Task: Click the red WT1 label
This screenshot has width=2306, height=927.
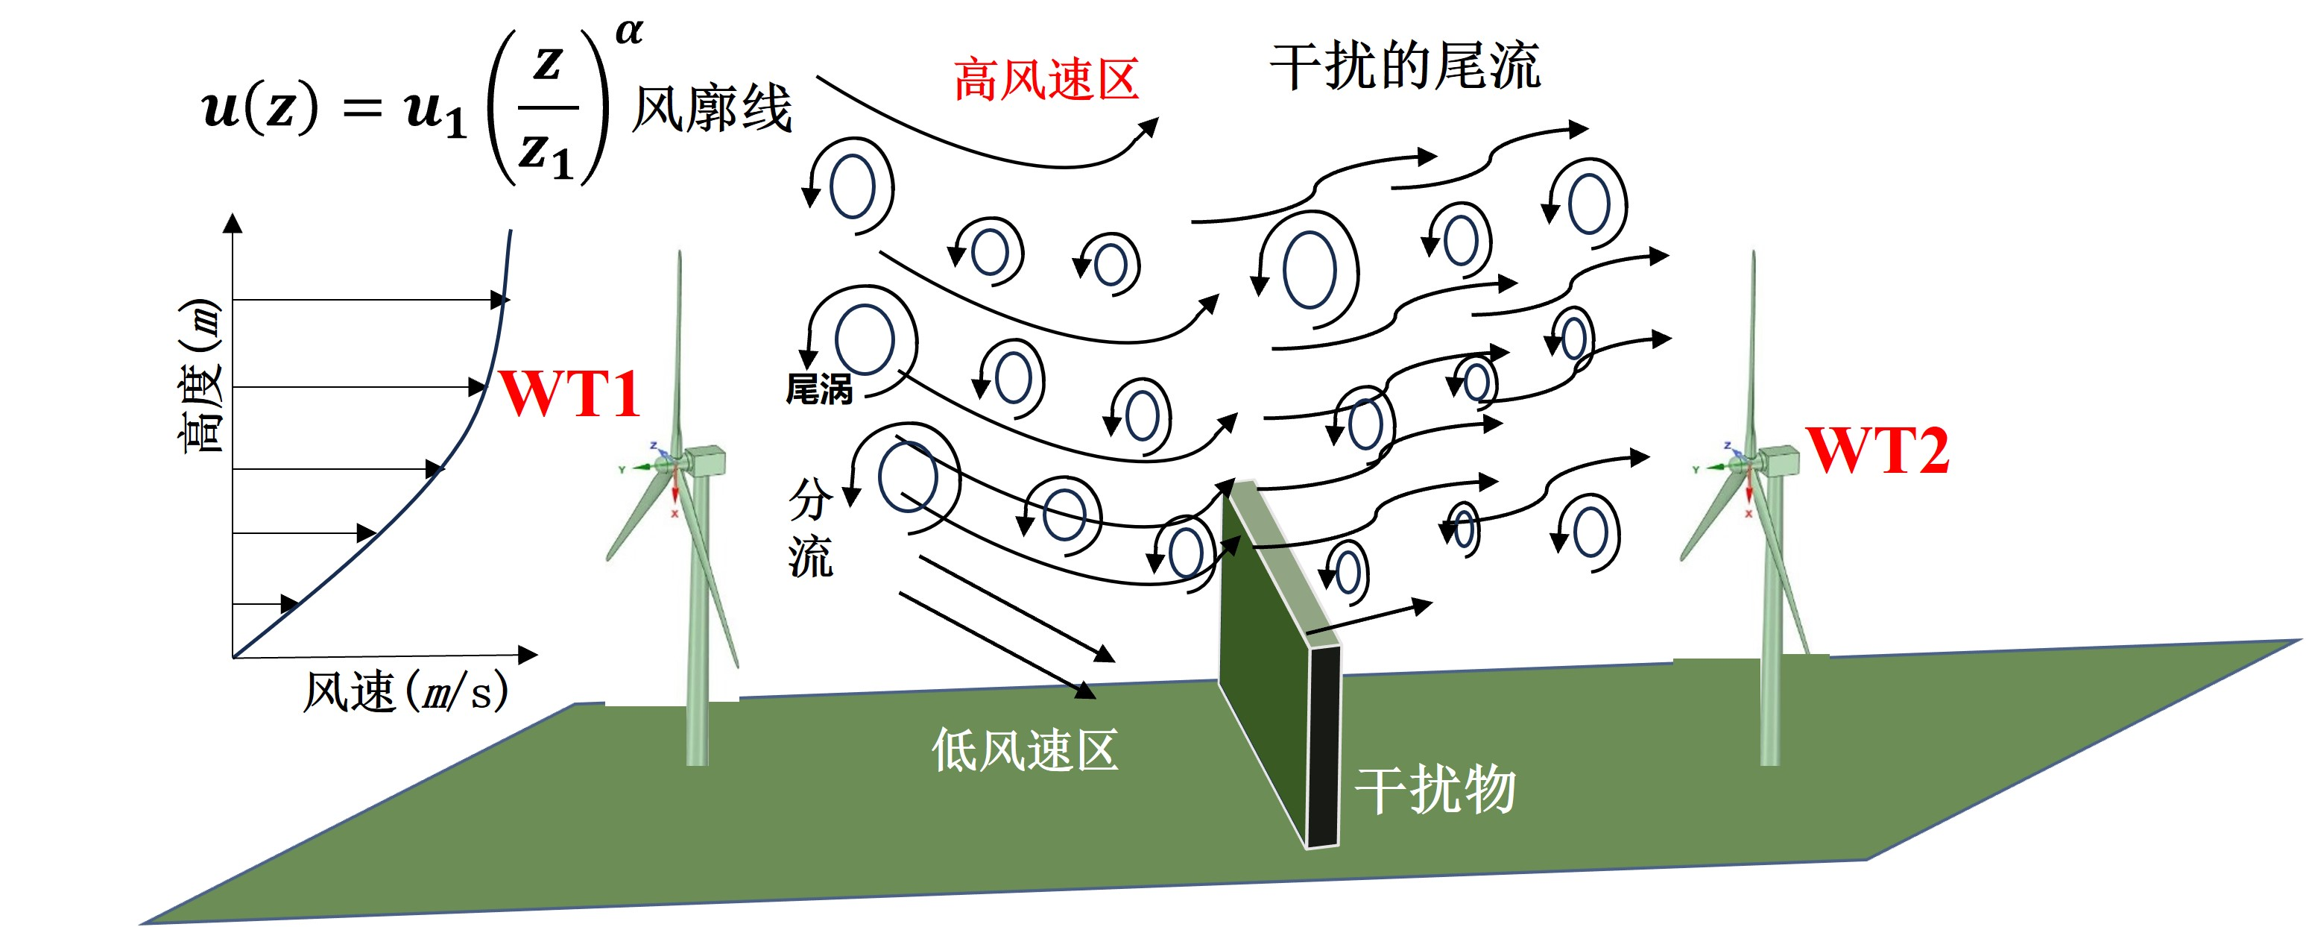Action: pos(570,393)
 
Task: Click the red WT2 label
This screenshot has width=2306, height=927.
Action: pos(1877,450)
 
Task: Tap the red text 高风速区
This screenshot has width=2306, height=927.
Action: pos(1046,80)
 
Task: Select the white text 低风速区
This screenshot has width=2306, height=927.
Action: pos(1025,750)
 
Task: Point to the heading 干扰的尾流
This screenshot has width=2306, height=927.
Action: pos(1405,66)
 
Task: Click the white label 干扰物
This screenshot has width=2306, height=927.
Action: pos(1435,790)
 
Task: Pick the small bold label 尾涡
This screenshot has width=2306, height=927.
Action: pos(818,389)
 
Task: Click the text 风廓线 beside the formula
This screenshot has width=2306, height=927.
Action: pos(712,110)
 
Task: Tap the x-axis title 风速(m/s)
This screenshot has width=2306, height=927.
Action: pos(405,692)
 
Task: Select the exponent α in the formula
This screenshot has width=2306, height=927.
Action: pos(629,32)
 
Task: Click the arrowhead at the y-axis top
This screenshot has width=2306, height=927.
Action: pos(233,223)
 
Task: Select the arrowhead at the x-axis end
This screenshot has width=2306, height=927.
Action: pos(528,655)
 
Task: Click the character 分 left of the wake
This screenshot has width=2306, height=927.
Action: pos(810,499)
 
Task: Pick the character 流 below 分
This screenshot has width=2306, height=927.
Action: pos(810,557)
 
